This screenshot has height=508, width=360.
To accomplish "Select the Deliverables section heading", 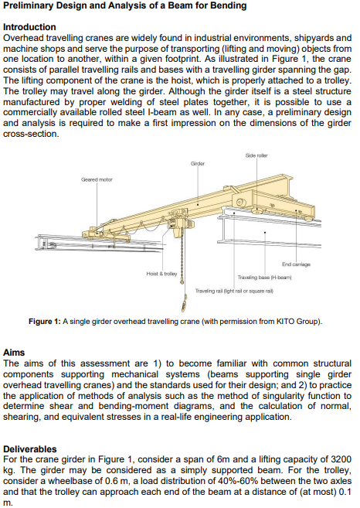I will point(30,448).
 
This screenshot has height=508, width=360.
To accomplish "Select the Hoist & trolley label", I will point(161,274).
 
